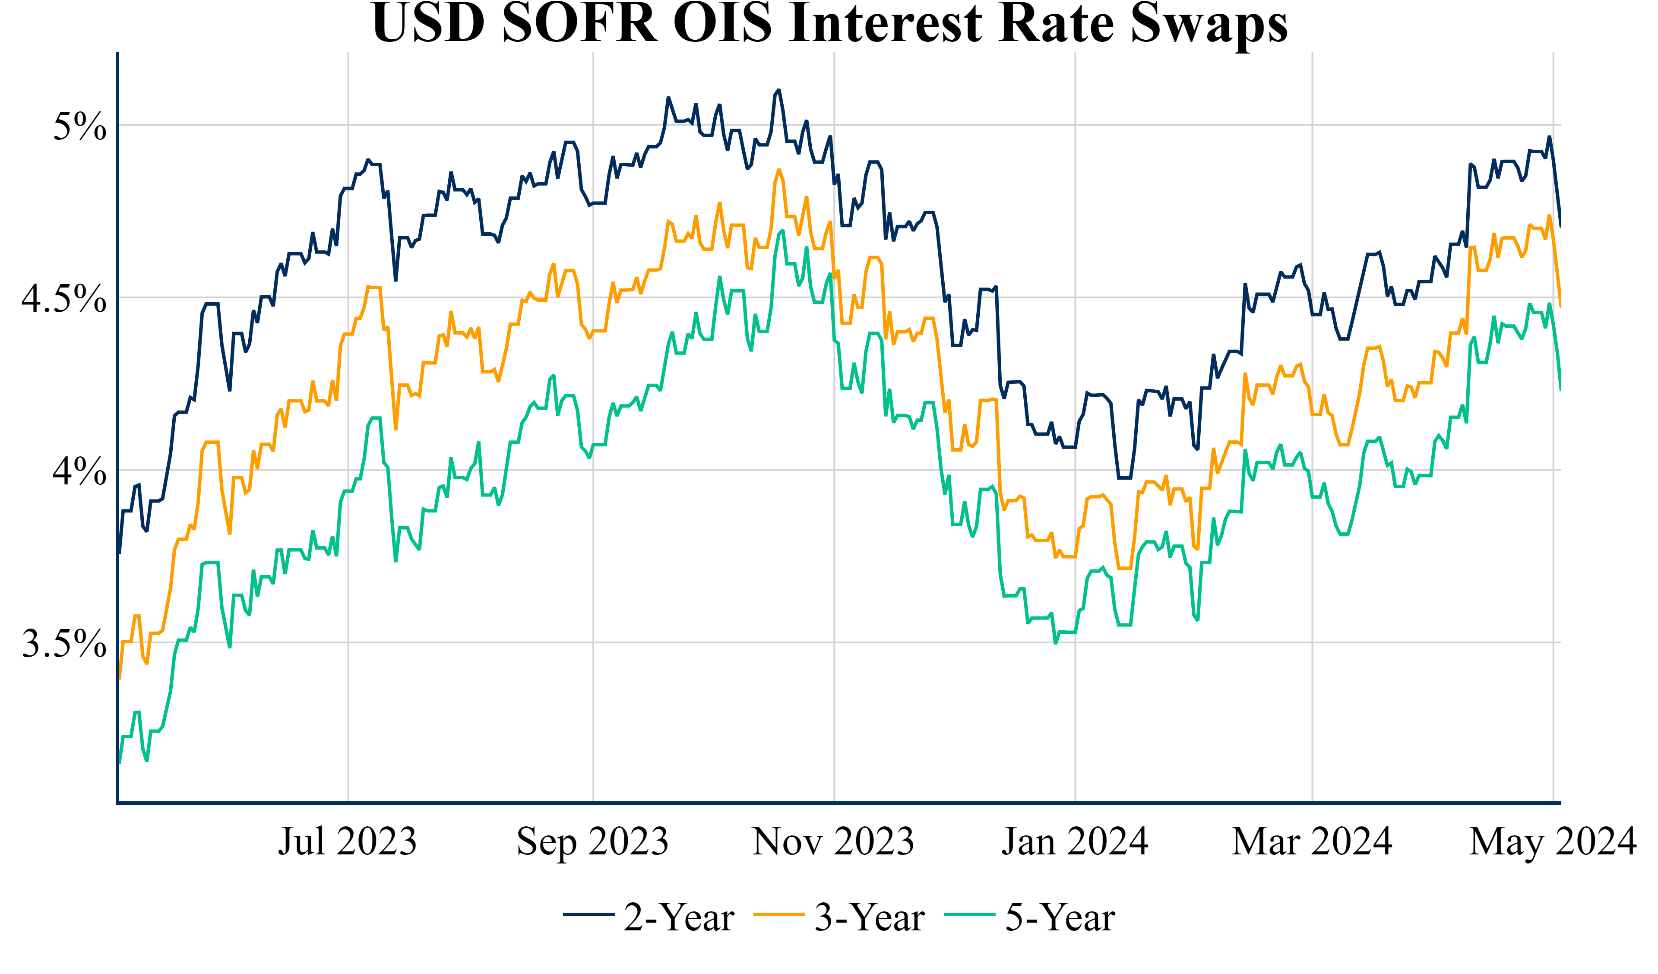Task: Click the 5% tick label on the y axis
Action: click(x=79, y=126)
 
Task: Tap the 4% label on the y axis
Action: click(x=79, y=471)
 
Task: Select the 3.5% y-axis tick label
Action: click(x=64, y=644)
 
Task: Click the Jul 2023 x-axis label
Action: click(x=348, y=841)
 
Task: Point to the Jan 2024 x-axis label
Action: click(x=1075, y=841)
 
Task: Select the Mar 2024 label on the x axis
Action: click(x=1312, y=841)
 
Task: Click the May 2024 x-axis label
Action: click(x=1553, y=841)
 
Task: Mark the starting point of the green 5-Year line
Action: click(x=119, y=763)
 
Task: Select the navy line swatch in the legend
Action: click(x=589, y=915)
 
